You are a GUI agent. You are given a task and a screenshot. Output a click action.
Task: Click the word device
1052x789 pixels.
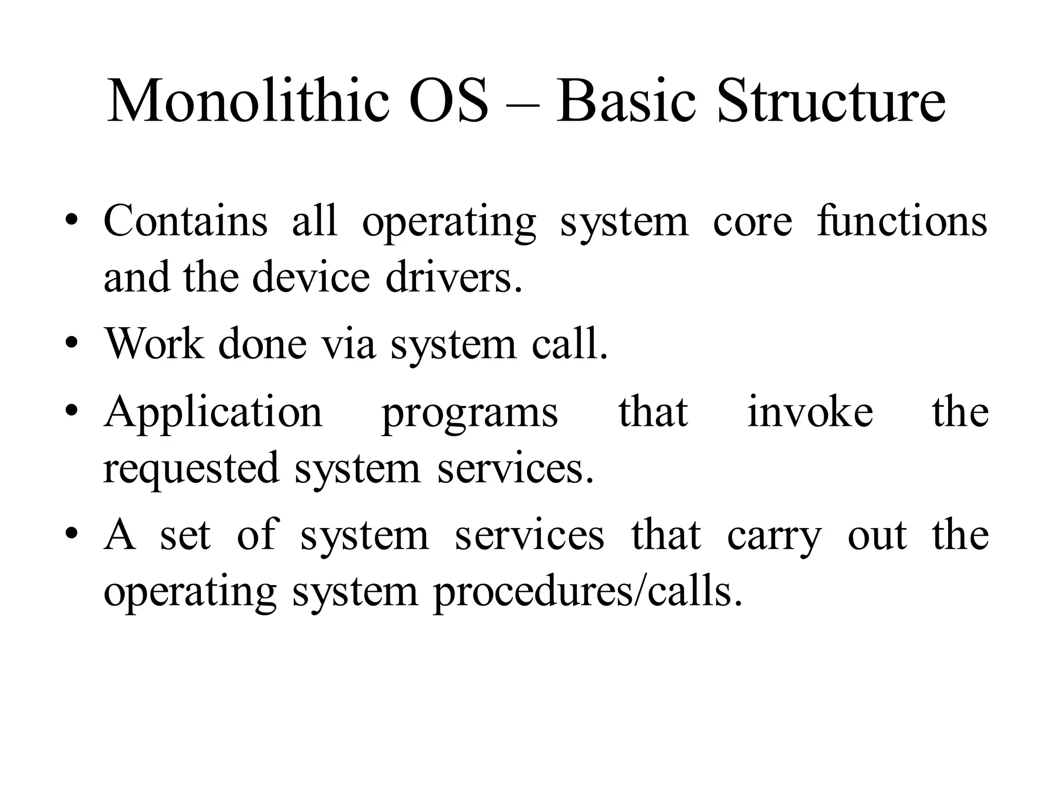click(311, 277)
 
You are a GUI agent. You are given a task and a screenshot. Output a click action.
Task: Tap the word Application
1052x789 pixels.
click(213, 414)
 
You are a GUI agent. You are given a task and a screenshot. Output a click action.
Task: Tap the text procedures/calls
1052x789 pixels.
click(588, 592)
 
